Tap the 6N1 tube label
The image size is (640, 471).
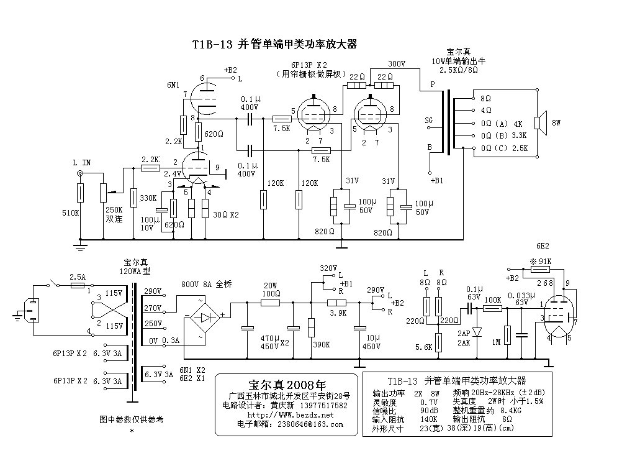click(x=174, y=85)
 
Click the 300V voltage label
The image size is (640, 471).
click(x=396, y=63)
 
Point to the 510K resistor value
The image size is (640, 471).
click(x=71, y=213)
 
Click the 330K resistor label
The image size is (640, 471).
click(x=148, y=198)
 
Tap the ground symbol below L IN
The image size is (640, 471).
click(x=80, y=247)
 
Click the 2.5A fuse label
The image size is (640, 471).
click(x=78, y=277)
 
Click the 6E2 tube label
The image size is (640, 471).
click(x=543, y=246)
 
